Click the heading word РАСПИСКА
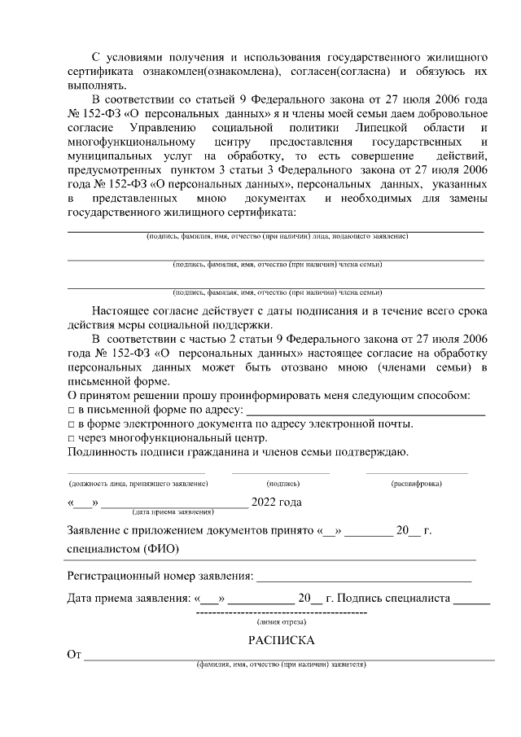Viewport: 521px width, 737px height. (x=281, y=640)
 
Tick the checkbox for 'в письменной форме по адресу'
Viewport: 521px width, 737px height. (x=71, y=410)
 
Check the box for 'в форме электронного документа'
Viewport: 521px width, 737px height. (x=71, y=425)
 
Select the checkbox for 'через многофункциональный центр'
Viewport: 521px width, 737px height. (x=71, y=439)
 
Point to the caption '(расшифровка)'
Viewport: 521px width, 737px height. (x=417, y=484)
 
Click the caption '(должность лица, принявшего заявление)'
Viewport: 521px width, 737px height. (x=138, y=484)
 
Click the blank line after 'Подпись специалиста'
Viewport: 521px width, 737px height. (x=471, y=603)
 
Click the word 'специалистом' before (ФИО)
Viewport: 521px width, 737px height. (x=103, y=550)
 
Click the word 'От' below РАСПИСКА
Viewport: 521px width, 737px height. (x=75, y=654)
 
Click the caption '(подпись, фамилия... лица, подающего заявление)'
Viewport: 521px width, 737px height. (x=277, y=237)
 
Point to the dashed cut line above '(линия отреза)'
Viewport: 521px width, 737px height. (x=281, y=612)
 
